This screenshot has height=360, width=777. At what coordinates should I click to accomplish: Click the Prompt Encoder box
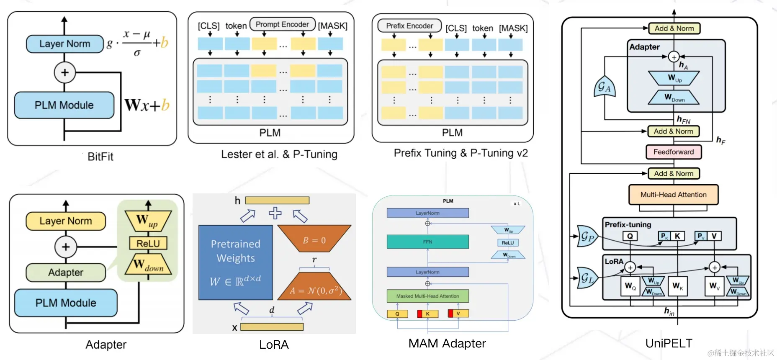click(282, 24)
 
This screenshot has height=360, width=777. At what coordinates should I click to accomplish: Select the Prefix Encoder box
click(409, 26)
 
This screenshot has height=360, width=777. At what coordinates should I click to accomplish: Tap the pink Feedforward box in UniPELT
click(674, 152)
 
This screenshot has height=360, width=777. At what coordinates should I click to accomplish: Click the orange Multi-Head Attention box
click(673, 195)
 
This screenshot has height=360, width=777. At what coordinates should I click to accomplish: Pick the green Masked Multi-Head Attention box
click(427, 296)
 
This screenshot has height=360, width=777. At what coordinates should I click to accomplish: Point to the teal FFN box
click(427, 242)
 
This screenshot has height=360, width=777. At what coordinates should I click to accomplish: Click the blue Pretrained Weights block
click(235, 262)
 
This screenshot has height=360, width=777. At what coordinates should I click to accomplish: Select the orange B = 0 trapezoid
click(314, 239)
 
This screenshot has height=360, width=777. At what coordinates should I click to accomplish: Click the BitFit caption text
click(100, 157)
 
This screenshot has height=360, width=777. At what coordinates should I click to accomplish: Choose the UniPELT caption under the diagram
click(669, 343)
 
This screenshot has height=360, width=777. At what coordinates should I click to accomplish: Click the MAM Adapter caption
click(447, 343)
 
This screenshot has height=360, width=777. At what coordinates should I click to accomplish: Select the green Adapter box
click(66, 273)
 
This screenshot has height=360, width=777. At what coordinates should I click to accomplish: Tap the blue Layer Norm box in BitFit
click(64, 44)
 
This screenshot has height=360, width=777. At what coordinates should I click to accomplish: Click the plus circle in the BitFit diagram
click(64, 72)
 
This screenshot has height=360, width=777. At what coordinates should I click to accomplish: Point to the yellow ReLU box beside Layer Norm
click(148, 243)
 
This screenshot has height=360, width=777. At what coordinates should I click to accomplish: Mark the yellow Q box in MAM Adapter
click(397, 314)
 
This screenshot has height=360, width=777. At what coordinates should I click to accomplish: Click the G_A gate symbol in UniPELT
click(604, 87)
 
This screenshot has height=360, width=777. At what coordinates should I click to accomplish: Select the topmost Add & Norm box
click(674, 28)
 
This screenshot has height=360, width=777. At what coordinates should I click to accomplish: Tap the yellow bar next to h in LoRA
click(277, 201)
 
